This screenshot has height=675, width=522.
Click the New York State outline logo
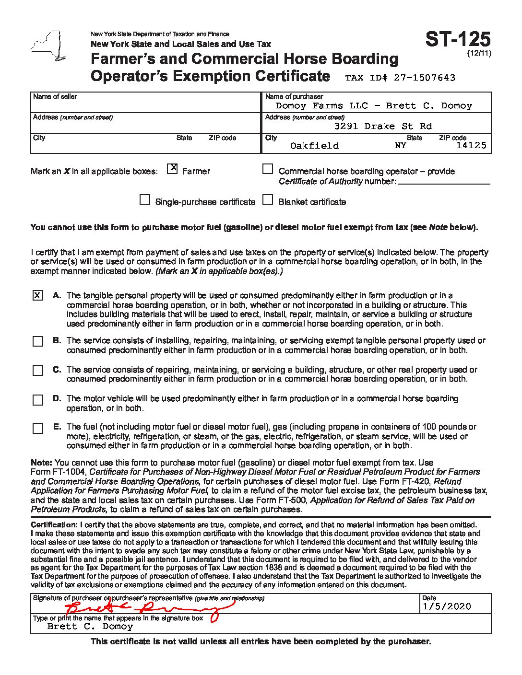click(x=47, y=46)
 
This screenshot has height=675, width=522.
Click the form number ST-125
click(x=458, y=39)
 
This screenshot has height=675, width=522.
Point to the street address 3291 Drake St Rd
click(x=383, y=126)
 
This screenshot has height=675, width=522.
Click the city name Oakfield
click(x=314, y=146)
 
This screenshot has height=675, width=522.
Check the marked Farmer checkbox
click(x=173, y=169)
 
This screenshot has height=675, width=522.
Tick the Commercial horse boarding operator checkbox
click(x=268, y=169)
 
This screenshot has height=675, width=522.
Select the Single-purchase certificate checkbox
click(x=144, y=200)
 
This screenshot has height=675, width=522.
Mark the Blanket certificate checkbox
click(x=268, y=200)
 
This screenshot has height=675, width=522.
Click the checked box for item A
click(x=37, y=295)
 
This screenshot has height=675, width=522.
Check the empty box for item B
click(x=38, y=341)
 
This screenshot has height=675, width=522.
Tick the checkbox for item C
click(x=38, y=371)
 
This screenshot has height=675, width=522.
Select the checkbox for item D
click(x=38, y=400)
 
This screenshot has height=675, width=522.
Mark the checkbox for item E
click(x=38, y=428)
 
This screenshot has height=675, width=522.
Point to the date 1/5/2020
click(x=447, y=606)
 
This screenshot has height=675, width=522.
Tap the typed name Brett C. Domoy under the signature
click(x=90, y=626)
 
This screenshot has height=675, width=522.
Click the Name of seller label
click(x=55, y=96)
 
